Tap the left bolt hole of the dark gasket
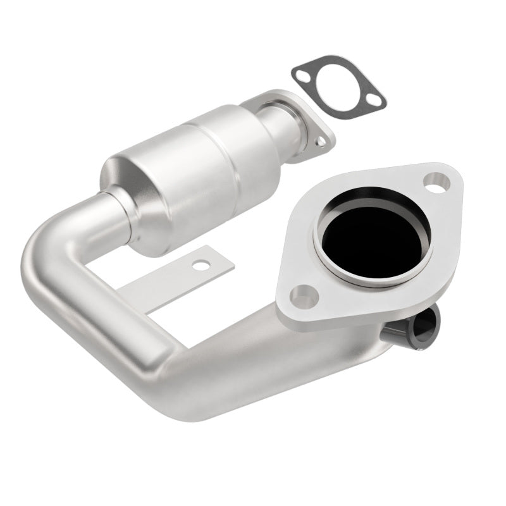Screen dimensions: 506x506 [303, 75]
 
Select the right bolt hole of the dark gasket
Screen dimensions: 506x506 [376, 99]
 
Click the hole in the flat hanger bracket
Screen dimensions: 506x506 [201, 265]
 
